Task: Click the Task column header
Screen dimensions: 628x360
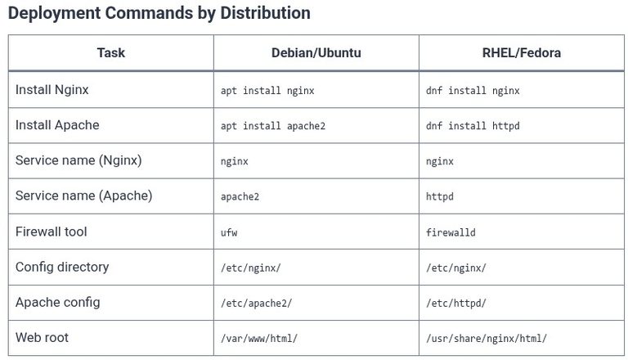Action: tap(111, 52)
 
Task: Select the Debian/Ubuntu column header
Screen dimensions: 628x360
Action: tap(316, 52)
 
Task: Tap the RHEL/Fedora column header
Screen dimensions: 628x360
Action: tap(522, 52)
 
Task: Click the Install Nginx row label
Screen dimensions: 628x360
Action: tap(52, 90)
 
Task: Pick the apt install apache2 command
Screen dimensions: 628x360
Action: tap(273, 126)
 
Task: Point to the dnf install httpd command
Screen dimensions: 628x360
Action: tap(473, 126)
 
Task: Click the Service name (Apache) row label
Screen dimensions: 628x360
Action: tap(83, 196)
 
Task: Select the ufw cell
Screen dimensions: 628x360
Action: tap(229, 232)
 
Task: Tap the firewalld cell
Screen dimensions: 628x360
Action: tap(451, 232)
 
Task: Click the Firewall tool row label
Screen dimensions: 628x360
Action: tap(52, 232)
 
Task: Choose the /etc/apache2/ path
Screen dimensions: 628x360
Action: tap(256, 303)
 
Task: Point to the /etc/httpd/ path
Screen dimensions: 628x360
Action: tap(455, 303)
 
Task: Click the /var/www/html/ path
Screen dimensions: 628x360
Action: tap(259, 339)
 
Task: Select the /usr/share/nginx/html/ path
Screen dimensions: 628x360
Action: tap(487, 339)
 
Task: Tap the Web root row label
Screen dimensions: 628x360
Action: tap(42, 338)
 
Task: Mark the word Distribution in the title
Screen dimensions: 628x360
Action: tap(265, 13)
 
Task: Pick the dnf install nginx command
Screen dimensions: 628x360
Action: tap(473, 91)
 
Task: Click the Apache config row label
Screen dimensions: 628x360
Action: tap(58, 302)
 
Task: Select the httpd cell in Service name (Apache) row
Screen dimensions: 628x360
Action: tap(439, 196)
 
